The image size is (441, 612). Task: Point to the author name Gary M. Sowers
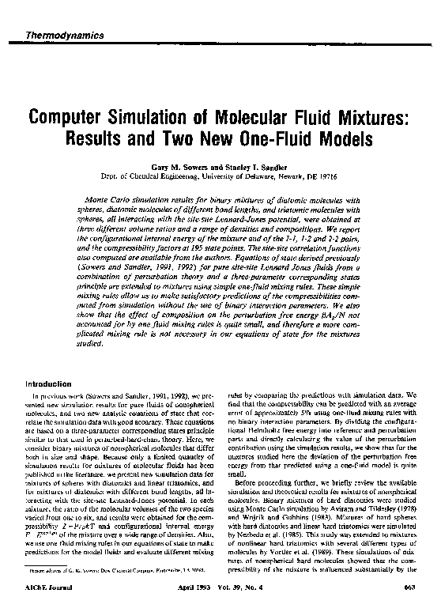coord(177,168)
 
